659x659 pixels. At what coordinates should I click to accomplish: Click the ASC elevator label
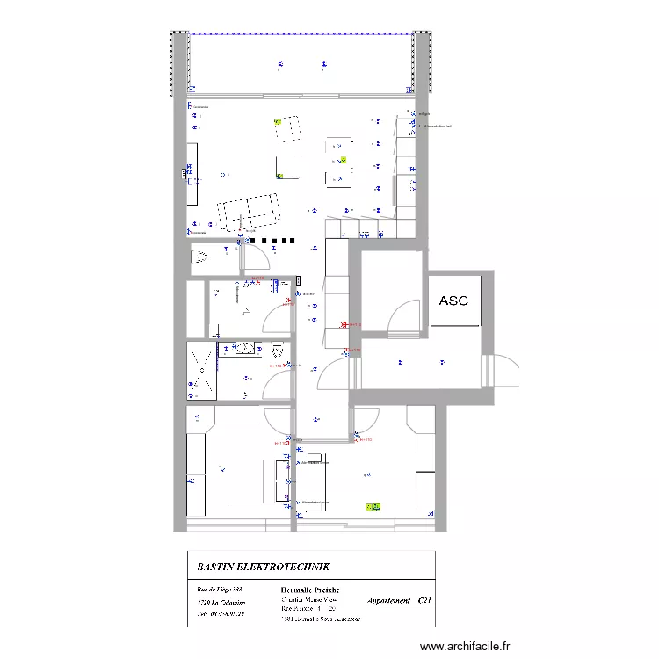click(453, 301)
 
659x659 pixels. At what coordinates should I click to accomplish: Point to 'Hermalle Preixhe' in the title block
click(309, 589)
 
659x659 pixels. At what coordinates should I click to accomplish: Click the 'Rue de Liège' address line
click(219, 589)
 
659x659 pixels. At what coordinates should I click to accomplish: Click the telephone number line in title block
click(221, 613)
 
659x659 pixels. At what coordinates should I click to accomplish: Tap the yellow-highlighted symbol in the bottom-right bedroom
click(373, 506)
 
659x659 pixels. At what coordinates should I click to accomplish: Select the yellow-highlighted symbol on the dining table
click(344, 161)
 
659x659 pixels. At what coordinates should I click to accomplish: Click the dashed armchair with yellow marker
click(286, 128)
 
